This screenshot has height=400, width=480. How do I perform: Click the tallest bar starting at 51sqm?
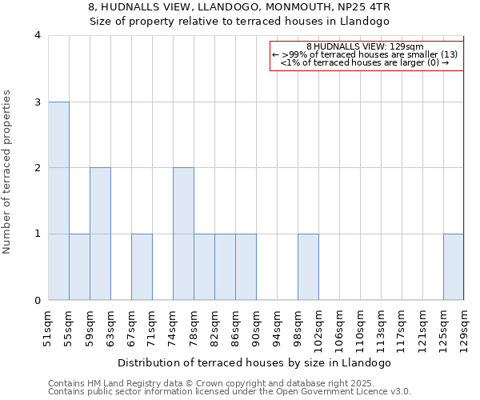coord(58,201)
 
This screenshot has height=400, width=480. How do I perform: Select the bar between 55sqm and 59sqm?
coord(79,267)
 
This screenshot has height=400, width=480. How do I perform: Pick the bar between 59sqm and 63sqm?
coord(100,234)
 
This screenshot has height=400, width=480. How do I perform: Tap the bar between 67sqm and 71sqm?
coord(142,267)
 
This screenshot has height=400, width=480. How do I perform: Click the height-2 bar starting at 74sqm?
coord(183,234)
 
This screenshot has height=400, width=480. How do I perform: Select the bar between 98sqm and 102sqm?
coord(308,267)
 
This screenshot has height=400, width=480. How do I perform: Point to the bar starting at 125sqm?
coord(454,267)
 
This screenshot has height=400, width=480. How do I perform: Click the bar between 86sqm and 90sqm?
coord(246,267)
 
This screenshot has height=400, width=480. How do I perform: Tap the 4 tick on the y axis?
coord(38,35)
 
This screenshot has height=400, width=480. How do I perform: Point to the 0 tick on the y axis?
coord(38,300)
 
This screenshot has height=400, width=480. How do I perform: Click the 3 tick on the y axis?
coord(38,102)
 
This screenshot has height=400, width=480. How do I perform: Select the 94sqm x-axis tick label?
coord(277,327)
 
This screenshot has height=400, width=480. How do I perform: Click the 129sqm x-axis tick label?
coord(464,329)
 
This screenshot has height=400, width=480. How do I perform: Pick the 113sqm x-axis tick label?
coord(381,329)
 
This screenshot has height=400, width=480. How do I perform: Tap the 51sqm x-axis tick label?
coord(48,327)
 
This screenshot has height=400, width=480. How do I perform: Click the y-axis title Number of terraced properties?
coord(8,172)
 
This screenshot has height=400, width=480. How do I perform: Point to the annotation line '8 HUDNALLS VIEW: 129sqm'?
coord(365,46)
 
